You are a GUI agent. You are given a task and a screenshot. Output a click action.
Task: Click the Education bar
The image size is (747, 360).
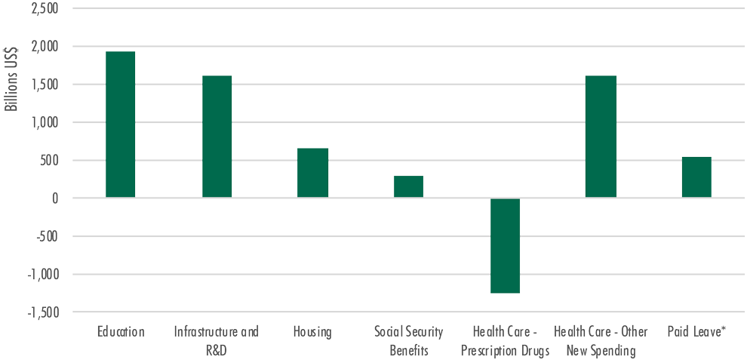[x=121, y=125]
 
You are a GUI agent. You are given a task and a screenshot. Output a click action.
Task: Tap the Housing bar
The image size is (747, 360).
[x=312, y=173]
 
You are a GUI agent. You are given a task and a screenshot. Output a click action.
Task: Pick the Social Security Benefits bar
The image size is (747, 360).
[x=408, y=186]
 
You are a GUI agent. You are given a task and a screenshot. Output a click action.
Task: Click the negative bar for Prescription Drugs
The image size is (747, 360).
[x=505, y=245]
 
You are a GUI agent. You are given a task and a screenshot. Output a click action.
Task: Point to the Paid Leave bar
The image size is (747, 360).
[x=696, y=177]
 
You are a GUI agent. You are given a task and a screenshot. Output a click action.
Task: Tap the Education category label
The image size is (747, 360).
[x=121, y=332]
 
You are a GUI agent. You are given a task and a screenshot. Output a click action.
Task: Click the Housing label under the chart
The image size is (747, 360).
[x=312, y=332]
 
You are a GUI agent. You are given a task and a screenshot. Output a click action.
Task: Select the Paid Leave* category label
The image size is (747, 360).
[x=696, y=332]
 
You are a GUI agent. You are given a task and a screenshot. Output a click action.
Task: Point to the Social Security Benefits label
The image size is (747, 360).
[x=408, y=341]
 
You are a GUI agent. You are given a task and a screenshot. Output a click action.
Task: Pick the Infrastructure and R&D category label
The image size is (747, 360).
[x=217, y=341]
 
